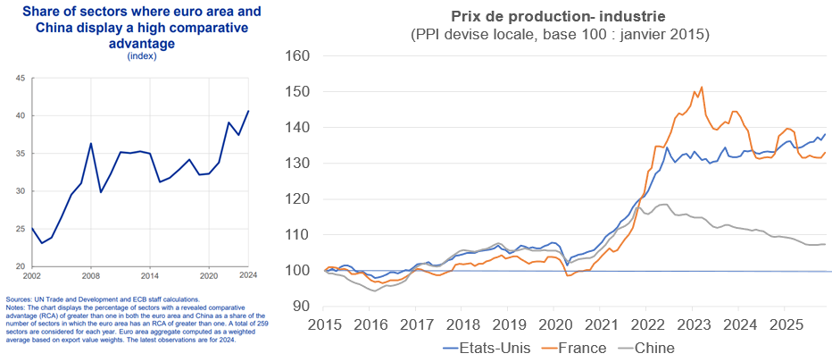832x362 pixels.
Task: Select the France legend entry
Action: [582, 347]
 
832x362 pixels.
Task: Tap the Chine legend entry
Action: [654, 347]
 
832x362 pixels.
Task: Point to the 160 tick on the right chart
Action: [295, 56]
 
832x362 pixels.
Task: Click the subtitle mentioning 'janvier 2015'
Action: [559, 35]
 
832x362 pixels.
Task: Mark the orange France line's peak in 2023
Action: [702, 87]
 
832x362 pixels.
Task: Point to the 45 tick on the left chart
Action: [20, 79]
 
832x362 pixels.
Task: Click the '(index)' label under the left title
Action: [142, 55]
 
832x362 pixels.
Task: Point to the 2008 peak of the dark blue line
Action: [91, 143]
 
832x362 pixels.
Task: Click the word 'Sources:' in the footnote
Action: [19, 299]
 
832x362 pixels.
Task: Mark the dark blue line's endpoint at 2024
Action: [248, 111]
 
